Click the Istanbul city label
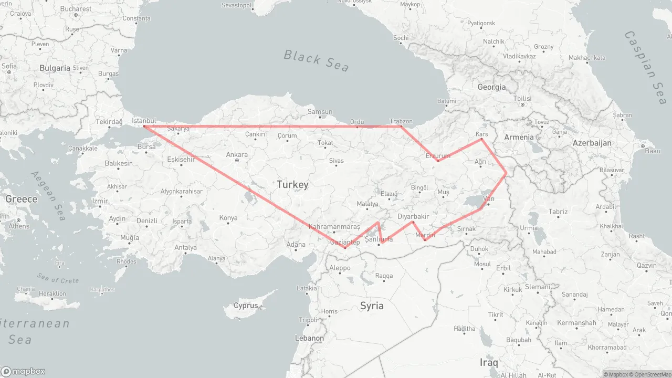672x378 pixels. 144,121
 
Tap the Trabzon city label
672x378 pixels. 401,121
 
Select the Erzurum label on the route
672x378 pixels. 438,156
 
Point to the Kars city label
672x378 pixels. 481,134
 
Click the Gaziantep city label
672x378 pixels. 344,242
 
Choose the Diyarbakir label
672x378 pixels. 414,216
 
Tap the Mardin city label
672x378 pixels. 425,235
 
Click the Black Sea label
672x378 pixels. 316,60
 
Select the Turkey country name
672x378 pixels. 292,184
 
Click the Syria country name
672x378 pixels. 372,306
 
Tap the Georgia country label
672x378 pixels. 492,87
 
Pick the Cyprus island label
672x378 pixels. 246,306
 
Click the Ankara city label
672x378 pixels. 237,155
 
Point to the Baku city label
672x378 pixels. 653,151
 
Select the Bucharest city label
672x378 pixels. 76,9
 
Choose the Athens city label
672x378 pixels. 19,226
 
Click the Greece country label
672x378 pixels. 22,199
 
